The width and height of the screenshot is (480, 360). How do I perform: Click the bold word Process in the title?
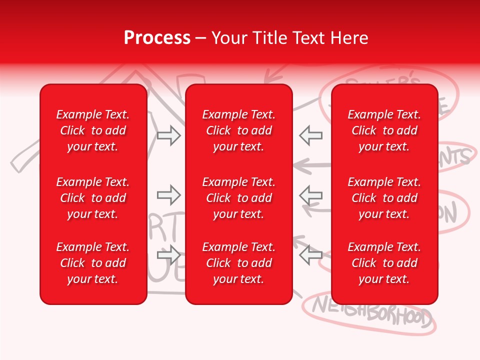157,38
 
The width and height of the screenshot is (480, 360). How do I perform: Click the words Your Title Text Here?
289,38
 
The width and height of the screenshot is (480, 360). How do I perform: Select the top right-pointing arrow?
168,135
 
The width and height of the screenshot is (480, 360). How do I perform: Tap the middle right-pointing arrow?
168,195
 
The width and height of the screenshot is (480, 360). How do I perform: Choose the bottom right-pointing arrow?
168,255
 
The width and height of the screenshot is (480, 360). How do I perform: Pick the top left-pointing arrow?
311,135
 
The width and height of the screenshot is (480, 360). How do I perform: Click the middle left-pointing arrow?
311,195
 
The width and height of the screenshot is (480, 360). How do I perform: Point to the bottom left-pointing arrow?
311,255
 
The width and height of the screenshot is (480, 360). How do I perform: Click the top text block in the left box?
93,130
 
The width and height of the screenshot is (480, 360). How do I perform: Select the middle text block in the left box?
93,198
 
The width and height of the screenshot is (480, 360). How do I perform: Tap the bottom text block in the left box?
93,263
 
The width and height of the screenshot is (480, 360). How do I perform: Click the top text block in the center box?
238,130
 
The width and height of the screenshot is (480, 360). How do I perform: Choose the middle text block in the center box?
238,198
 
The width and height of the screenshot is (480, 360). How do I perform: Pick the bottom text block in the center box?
238,263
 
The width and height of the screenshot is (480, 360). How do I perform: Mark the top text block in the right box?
384,130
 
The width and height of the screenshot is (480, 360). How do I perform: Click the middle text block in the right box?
384,198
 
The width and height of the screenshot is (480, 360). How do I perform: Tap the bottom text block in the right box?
384,263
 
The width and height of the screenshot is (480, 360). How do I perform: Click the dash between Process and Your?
200,38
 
